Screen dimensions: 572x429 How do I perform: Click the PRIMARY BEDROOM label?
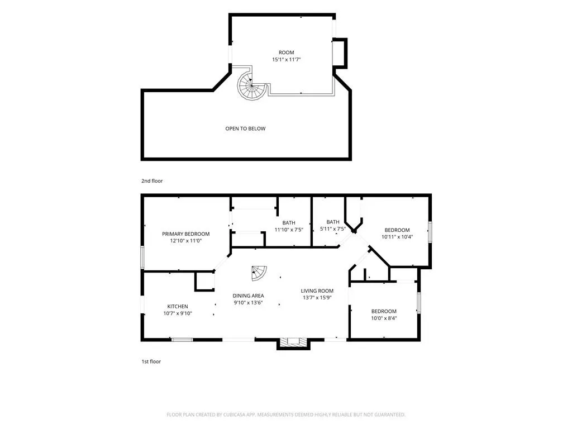185,234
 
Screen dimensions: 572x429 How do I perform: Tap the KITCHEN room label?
178,307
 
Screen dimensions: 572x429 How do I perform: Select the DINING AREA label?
248,296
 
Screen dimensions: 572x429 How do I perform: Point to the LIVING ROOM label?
317,290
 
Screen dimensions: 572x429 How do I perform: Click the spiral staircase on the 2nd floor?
251,85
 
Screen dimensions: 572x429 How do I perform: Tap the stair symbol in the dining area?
259,273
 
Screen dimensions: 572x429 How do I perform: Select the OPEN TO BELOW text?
245,128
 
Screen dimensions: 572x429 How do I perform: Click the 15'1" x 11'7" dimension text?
287,59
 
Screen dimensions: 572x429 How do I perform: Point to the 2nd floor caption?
152,181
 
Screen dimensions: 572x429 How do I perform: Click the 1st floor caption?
151,361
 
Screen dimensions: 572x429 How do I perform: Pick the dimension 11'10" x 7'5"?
289,230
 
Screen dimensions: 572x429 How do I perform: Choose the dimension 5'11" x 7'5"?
333,228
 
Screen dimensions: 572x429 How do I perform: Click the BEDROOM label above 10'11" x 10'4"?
397,230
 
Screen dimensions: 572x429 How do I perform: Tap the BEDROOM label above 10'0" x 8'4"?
384,311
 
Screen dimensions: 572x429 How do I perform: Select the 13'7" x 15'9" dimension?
317,298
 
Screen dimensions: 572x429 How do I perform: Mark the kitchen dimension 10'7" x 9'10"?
178,313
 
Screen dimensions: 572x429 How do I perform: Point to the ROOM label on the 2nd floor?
287,53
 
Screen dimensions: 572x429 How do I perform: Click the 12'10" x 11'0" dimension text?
185,241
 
